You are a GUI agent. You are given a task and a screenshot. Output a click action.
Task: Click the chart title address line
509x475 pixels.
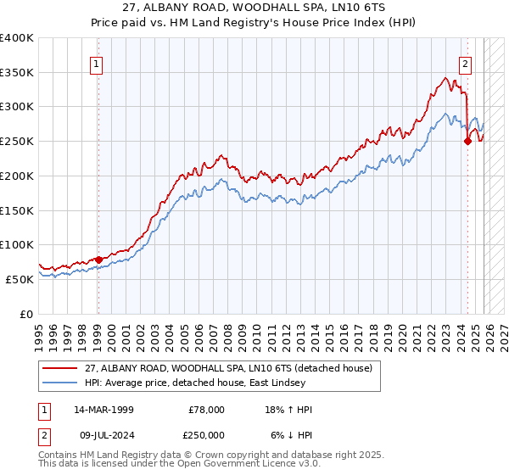pyautogui.click(x=254, y=8)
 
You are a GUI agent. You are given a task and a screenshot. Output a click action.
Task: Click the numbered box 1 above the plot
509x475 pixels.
pyautogui.click(x=97, y=63)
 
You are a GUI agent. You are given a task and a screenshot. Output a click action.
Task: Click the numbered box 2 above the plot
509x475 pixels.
pyautogui.click(x=466, y=63)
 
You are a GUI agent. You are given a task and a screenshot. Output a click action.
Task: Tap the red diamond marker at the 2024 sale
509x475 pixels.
pyautogui.click(x=467, y=142)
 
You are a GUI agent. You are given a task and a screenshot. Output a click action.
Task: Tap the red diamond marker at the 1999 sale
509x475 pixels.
pyautogui.click(x=98, y=260)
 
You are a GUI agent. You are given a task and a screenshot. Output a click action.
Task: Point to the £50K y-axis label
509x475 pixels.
pyautogui.click(x=19, y=279)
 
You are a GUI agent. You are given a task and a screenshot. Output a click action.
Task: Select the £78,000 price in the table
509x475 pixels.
pyautogui.click(x=206, y=410)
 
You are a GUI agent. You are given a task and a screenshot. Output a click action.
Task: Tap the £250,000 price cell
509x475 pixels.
pyautogui.click(x=206, y=434)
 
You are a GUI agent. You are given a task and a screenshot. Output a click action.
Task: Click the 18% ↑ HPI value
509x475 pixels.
pyautogui.click(x=291, y=410)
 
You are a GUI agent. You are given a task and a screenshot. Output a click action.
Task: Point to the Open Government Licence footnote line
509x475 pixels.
pyautogui.click(x=180, y=464)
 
